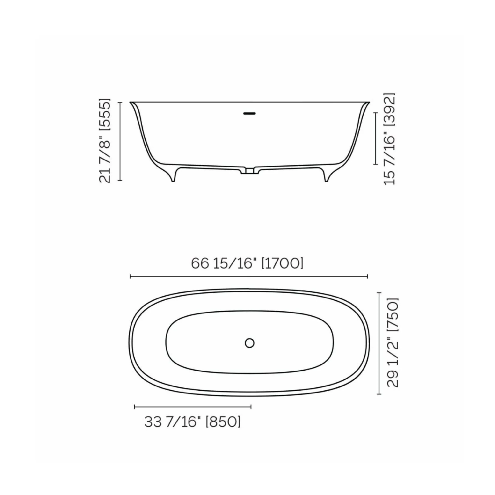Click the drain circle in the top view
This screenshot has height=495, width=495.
point(249,343)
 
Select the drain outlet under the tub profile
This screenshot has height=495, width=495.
point(249,171)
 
